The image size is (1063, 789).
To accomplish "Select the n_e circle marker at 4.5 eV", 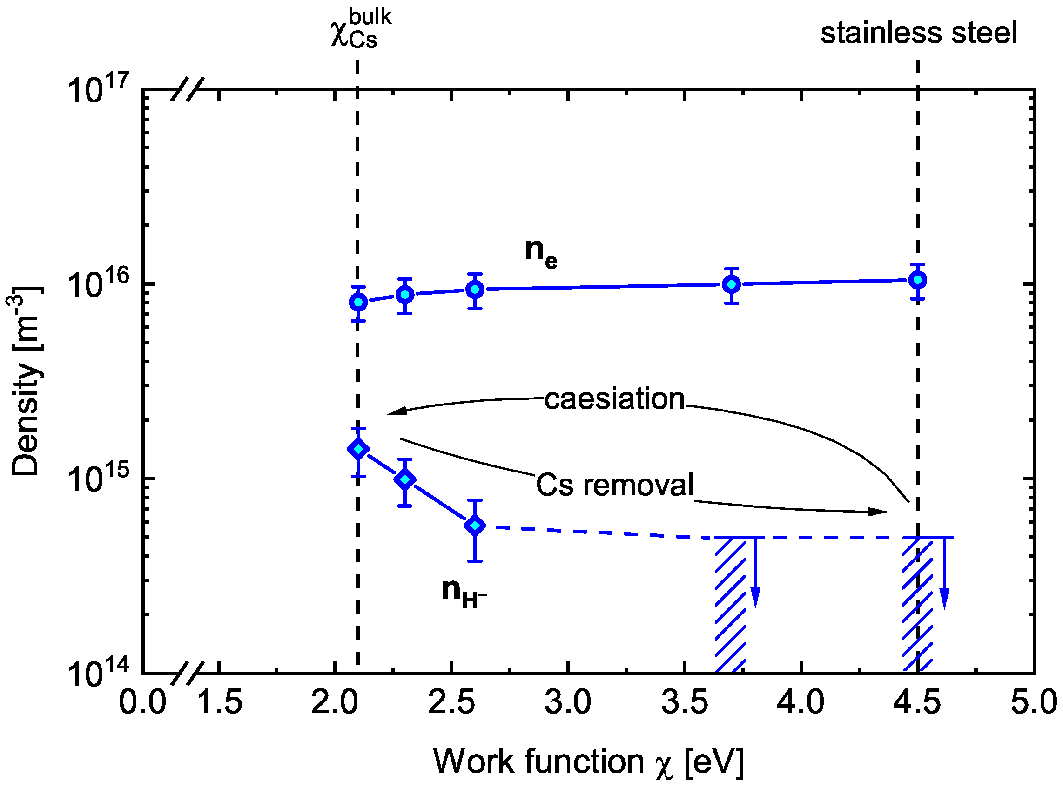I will coord(917,280).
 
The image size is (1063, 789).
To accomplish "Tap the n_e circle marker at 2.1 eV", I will coord(358,302).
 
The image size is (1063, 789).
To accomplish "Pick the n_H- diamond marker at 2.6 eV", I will coord(475,526).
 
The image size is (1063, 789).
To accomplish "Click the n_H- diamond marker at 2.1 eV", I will coord(358,449).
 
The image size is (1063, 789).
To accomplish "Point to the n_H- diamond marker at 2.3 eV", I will coord(405,479).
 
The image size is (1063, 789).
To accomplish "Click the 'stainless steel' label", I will coord(918,34).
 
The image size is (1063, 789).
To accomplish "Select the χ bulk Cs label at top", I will coord(360,30).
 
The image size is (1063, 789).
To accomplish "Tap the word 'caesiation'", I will coord(614,399).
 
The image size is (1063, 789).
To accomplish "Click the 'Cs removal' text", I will coord(614,485).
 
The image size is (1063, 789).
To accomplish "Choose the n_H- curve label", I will coord(463,592).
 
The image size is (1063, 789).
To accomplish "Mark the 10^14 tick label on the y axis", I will coord(98,674).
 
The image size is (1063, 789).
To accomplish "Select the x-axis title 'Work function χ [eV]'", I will coord(588,761).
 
